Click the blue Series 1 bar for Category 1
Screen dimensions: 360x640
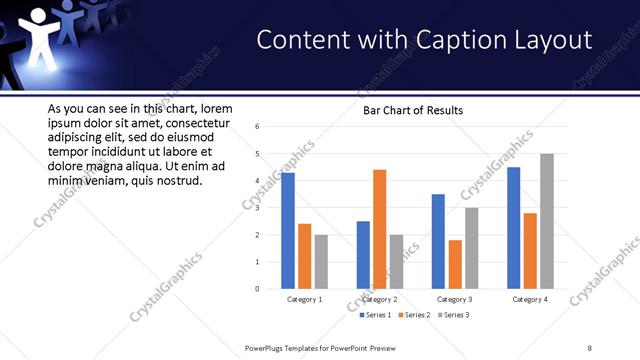[x=288, y=231]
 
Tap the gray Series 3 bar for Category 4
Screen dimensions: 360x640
[x=546, y=221]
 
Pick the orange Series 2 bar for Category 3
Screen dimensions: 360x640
[x=455, y=264]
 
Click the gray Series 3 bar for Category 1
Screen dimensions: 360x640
[x=320, y=262]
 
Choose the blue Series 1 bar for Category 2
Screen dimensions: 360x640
[x=363, y=255]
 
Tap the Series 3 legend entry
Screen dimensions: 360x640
[x=451, y=315]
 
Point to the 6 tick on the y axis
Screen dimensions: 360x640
[x=258, y=127]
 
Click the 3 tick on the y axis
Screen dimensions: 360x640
[x=258, y=208]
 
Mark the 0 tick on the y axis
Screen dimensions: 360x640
[x=258, y=289]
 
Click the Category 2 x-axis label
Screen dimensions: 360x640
[x=379, y=299]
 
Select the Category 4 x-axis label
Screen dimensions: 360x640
[x=530, y=299]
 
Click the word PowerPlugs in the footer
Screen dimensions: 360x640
[x=267, y=347]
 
